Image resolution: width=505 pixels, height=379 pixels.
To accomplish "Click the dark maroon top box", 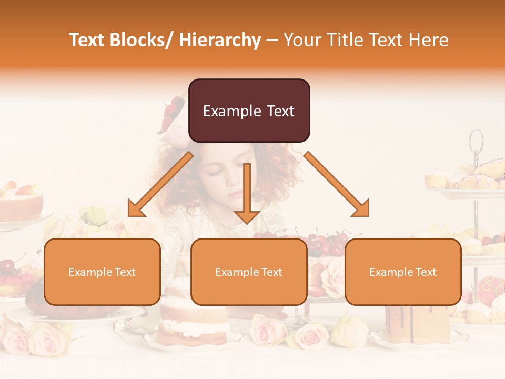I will [249, 111].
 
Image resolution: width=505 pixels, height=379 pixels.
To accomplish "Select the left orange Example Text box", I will [102, 272].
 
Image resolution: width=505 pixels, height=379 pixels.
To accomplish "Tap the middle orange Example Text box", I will [249, 272].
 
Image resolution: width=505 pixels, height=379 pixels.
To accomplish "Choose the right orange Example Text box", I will [403, 272].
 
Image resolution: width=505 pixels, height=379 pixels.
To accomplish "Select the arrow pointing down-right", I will [337, 185].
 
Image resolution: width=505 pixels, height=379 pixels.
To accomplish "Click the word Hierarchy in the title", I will [220, 41].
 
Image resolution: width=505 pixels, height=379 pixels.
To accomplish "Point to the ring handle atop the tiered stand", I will [476, 141].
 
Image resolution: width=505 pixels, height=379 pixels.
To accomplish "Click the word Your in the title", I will [301, 41].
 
